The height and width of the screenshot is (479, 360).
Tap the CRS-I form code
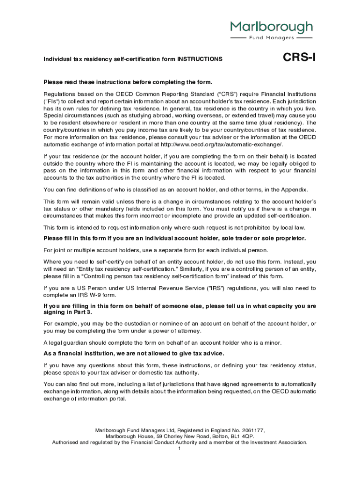(299, 58)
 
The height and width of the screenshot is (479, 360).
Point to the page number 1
(180, 449)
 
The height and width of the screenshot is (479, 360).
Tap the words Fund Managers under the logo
(271, 37)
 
